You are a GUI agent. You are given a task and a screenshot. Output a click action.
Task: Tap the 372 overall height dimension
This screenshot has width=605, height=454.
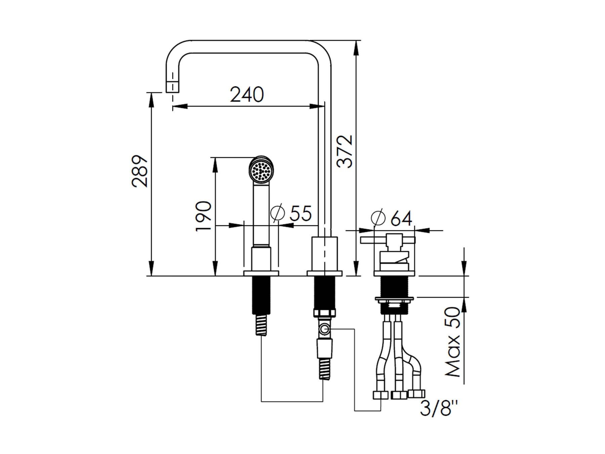[345, 151]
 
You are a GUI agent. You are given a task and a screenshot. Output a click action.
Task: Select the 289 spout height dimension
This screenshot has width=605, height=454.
[140, 171]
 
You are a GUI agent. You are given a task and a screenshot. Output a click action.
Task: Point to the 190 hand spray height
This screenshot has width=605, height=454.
[204, 216]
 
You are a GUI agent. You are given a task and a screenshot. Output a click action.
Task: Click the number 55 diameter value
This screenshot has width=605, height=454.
[301, 213]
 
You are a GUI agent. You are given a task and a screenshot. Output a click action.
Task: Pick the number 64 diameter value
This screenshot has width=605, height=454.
[401, 219]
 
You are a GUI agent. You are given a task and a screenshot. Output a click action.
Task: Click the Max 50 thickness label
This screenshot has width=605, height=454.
[452, 342]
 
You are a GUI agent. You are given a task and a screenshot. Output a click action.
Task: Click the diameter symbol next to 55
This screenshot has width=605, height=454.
[278, 213]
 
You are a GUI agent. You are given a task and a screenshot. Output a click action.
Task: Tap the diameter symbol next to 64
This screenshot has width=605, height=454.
[378, 218]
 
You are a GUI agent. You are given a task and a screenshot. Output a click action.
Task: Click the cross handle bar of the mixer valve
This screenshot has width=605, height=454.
[388, 240]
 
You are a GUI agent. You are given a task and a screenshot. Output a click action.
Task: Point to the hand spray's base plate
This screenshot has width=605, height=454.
[261, 273]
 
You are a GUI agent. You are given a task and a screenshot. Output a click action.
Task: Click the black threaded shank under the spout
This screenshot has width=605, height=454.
[324, 292]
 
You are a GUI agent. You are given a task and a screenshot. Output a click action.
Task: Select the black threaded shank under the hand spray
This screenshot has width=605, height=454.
[261, 295]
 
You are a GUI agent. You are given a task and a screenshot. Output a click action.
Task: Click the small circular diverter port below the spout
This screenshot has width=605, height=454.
[325, 329]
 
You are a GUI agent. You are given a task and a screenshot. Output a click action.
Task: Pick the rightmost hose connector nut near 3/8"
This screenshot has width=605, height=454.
[417, 394]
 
